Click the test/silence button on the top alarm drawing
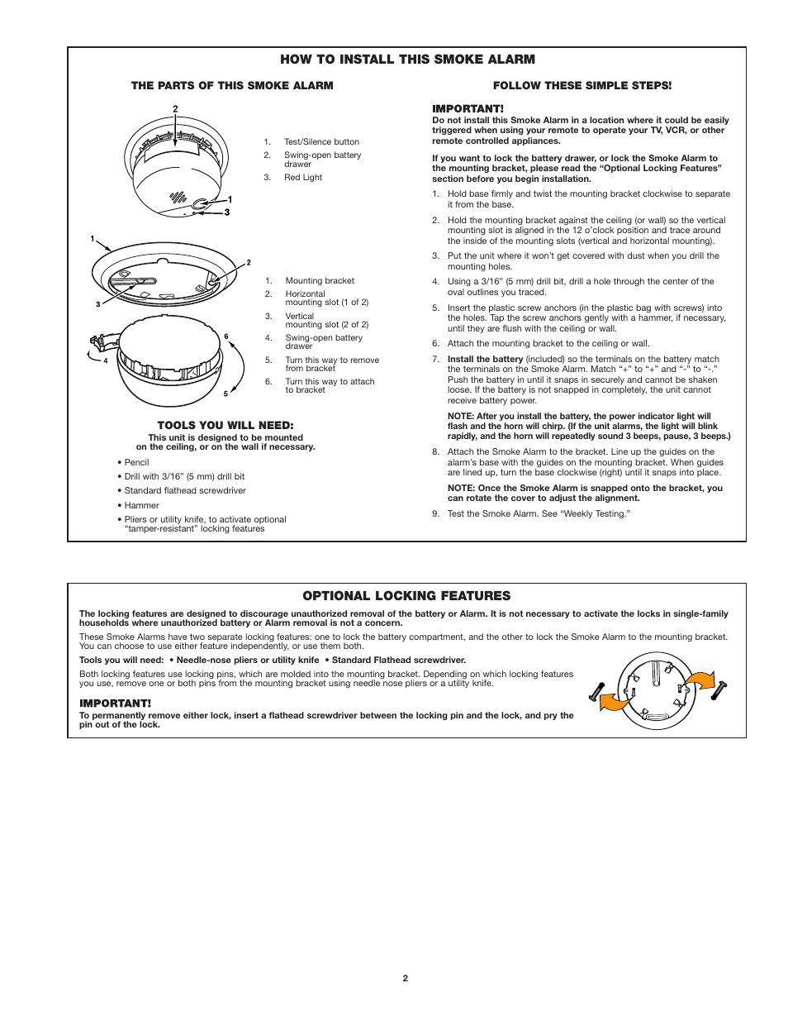201,203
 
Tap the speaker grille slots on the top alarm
177,198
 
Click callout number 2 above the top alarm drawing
175,109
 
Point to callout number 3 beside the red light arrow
227,212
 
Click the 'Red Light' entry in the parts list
303,177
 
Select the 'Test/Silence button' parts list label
321,141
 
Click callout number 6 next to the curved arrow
226,336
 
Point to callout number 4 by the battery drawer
105,361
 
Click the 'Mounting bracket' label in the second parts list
320,280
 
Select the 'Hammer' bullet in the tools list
141,505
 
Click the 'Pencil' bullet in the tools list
136,462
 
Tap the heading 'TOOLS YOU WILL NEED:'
225,425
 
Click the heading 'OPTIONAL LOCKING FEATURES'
406,595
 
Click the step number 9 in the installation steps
435,513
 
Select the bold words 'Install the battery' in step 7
485,359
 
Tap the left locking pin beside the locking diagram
597,691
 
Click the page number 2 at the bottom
406,978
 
